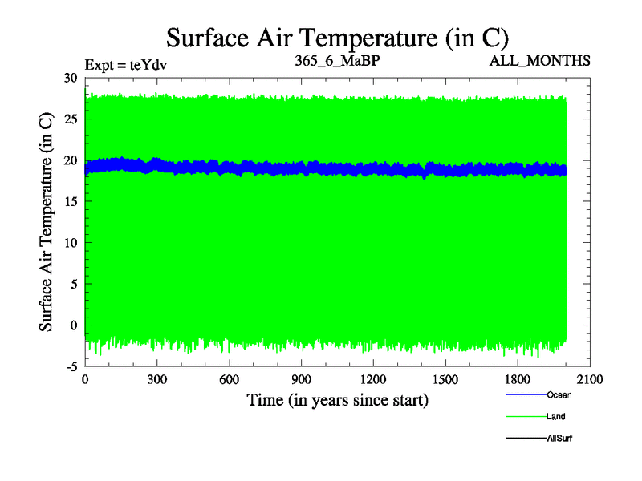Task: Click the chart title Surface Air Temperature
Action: [337, 38]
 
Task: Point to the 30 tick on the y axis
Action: [70, 78]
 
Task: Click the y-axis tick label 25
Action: [70, 119]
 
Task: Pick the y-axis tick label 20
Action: [70, 160]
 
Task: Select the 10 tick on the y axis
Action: [70, 243]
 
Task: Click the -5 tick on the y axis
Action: [70, 366]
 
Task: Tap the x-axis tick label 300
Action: [157, 379]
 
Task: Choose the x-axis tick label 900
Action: [301, 379]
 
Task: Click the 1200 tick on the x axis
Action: [373, 379]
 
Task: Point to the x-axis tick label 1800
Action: [518, 379]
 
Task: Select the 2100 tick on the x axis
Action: [590, 379]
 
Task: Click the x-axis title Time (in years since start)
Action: [337, 399]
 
